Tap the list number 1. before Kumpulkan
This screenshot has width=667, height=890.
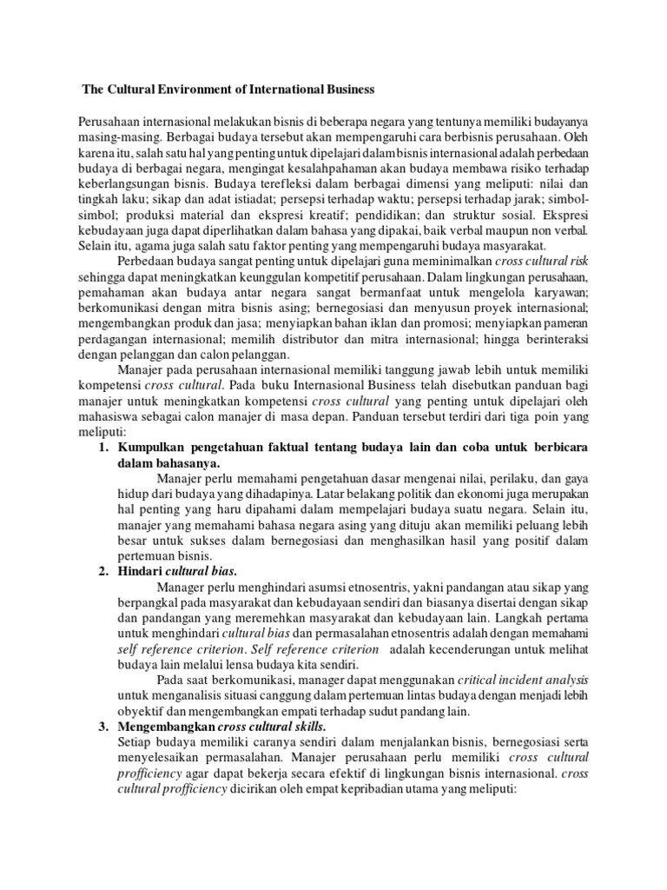pos(102,447)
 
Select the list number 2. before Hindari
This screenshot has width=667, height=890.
pos(102,571)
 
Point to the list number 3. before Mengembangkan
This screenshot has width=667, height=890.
pos(102,726)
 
